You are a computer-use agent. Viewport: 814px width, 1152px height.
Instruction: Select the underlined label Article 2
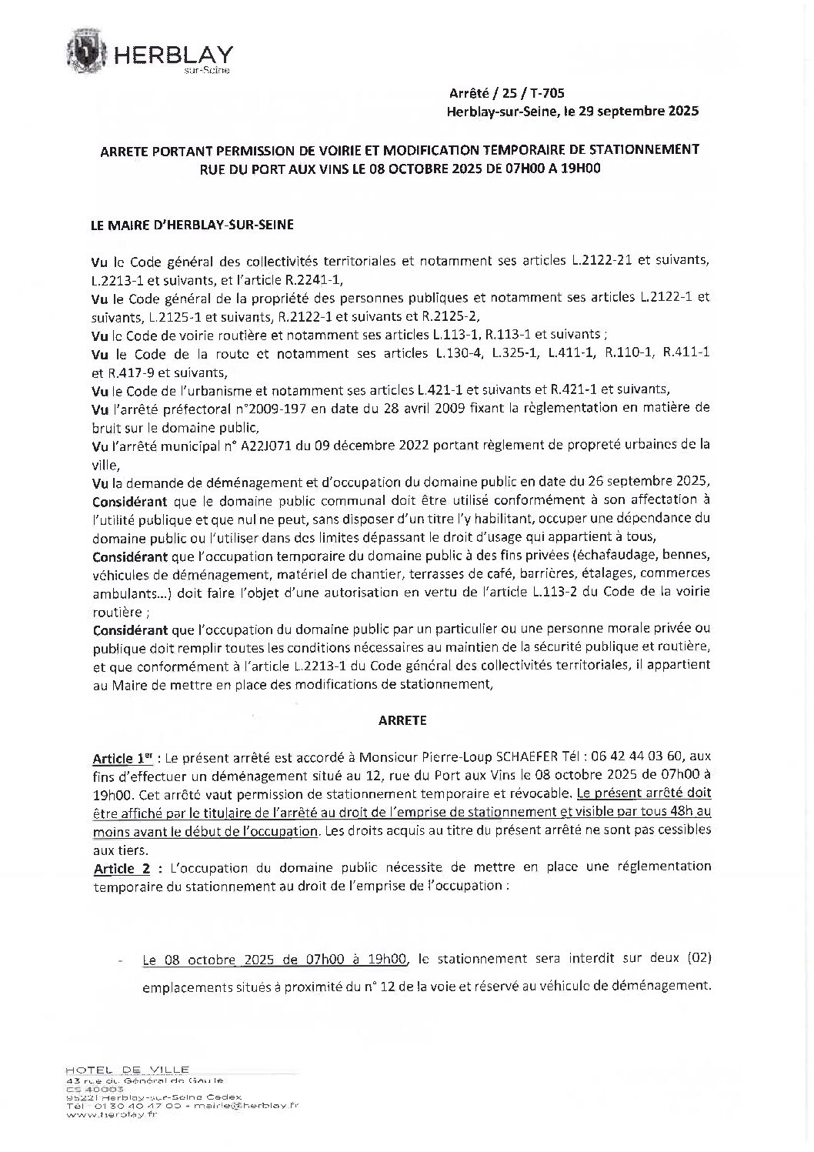121,867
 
